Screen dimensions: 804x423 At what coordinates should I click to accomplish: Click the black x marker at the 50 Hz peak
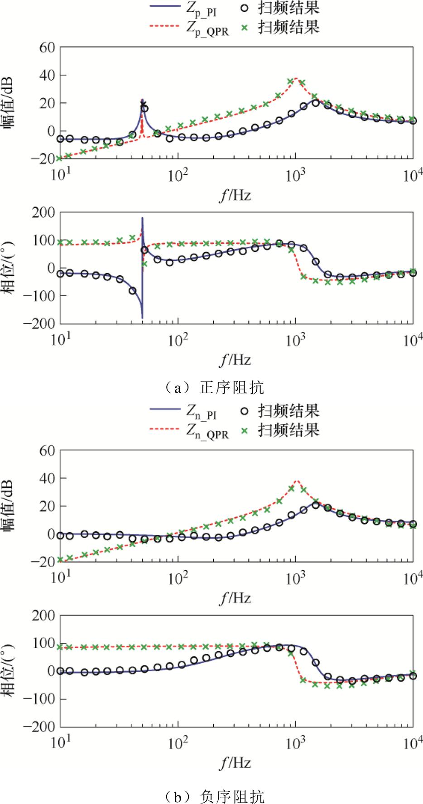click(x=143, y=105)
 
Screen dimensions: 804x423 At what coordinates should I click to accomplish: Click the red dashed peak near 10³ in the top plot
click(x=296, y=78)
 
